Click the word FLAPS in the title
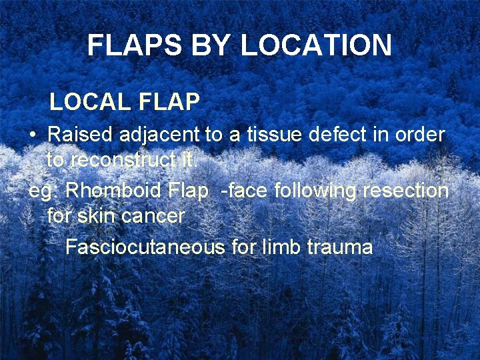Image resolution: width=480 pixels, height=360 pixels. (125, 45)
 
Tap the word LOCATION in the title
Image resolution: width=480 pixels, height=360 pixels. (315, 45)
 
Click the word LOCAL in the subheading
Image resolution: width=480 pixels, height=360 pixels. (91, 101)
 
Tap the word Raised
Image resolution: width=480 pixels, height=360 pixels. (81, 134)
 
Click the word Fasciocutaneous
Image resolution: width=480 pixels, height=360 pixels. (145, 247)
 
